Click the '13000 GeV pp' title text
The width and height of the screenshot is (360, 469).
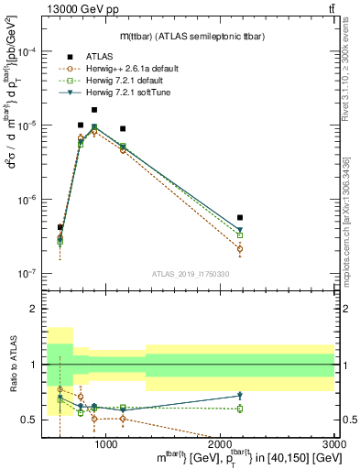66,8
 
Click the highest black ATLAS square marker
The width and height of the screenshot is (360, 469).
94,110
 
